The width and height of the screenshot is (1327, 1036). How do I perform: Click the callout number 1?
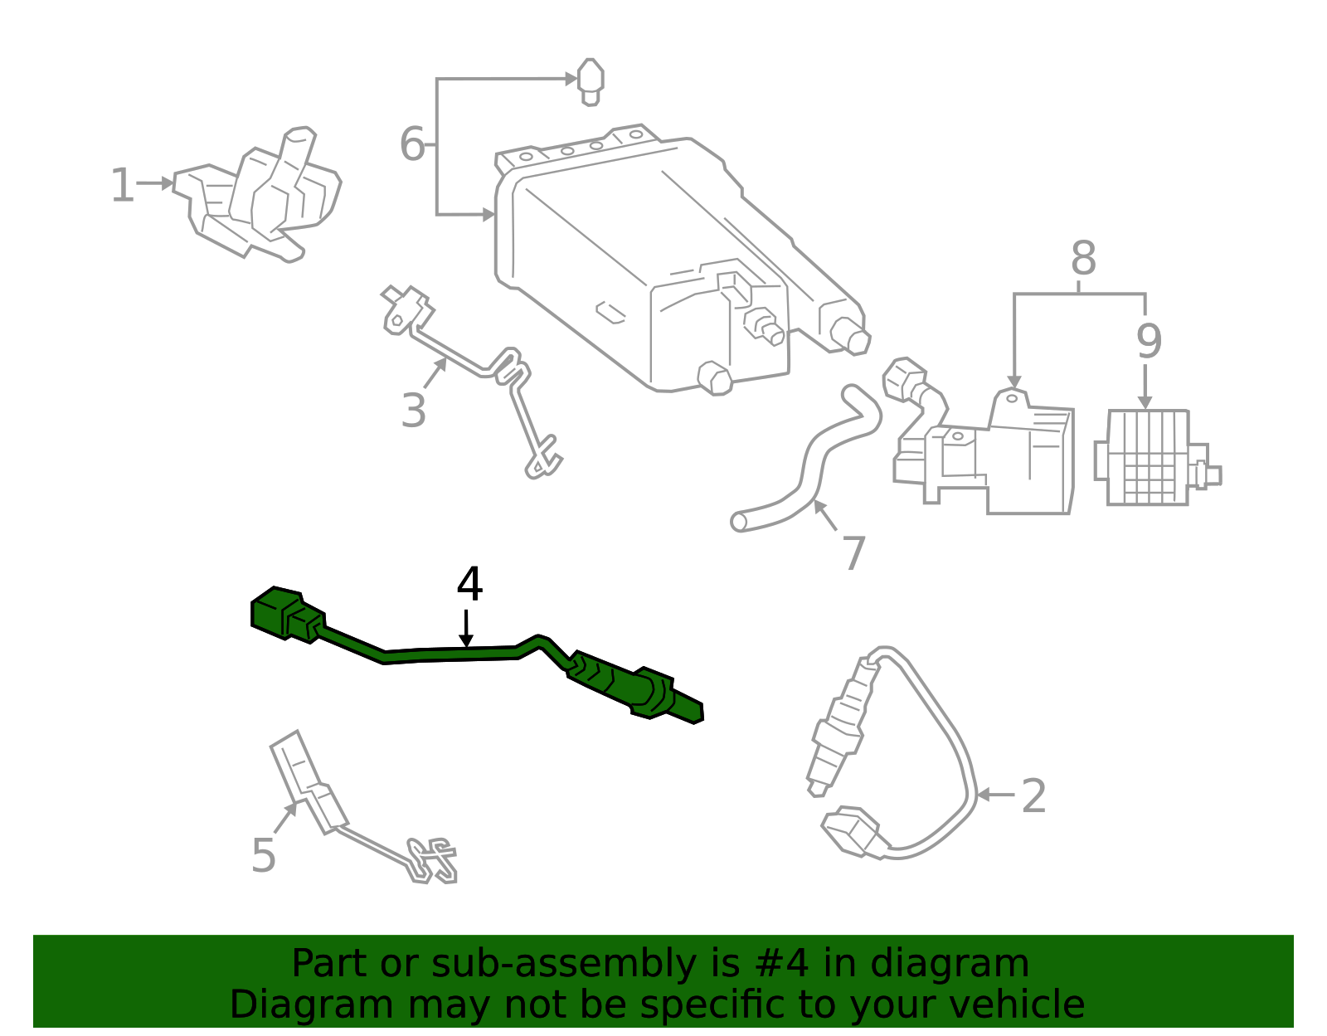[122, 185]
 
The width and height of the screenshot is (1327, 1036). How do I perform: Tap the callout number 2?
[1033, 795]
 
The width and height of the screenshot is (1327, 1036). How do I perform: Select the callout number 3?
[413, 410]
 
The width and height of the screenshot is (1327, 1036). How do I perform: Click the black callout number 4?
[469, 585]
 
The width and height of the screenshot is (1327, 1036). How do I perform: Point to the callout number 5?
[263, 855]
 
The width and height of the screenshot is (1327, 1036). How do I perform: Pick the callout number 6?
[411, 144]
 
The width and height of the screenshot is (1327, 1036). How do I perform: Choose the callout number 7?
[853, 553]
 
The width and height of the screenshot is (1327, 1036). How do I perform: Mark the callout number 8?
[1082, 259]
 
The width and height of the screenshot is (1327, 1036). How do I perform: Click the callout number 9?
[1149, 340]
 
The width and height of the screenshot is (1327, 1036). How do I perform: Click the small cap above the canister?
[590, 80]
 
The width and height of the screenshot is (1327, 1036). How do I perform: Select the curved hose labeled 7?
[809, 469]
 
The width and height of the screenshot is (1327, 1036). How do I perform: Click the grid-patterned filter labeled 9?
[1149, 458]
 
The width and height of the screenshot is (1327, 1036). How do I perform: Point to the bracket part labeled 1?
[265, 199]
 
